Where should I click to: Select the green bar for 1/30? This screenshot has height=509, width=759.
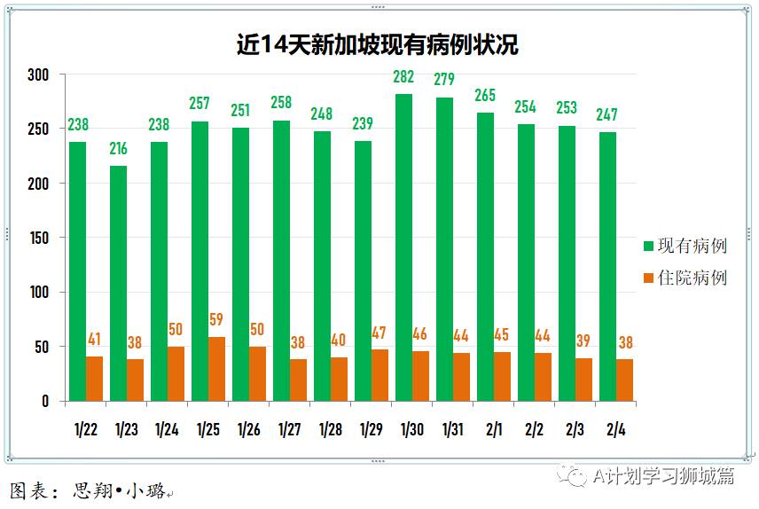point(403,248)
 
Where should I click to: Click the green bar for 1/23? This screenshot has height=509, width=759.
point(118,284)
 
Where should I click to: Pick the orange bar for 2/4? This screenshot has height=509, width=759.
point(624,380)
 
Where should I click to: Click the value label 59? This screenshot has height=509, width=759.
point(216,319)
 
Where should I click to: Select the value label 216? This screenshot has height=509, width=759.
point(118,148)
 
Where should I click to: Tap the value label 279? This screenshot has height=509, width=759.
point(444,80)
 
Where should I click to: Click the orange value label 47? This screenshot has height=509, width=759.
point(379,333)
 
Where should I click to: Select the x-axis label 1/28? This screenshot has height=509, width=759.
point(331,430)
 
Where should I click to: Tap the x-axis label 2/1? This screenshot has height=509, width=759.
point(493,430)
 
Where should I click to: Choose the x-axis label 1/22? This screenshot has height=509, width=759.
point(86,430)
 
